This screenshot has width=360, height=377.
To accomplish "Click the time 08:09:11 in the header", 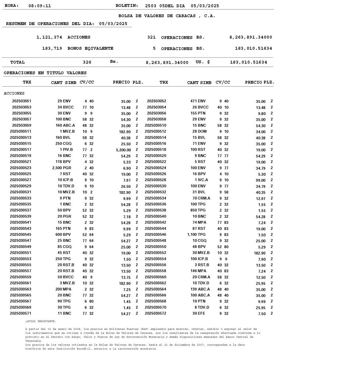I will [40, 6].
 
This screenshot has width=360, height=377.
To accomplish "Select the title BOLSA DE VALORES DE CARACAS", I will [167, 16].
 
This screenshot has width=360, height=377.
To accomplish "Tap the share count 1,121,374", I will [49, 37].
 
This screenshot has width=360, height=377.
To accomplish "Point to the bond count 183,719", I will [52, 48].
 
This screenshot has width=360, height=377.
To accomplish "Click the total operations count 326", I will [87, 62].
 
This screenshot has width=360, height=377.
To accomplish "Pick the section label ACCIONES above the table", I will [14, 94].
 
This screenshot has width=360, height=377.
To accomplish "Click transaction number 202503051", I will [22, 101].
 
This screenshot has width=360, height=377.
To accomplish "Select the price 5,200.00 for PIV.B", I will [123, 150].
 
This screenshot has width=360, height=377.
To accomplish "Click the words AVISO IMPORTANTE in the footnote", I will [41, 321].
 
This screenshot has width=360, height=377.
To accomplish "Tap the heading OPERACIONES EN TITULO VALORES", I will [45, 73].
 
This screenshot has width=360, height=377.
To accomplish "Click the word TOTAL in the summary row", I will [17, 62].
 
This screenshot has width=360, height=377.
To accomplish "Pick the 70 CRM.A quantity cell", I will [201, 198].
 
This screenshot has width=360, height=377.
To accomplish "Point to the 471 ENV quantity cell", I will [198, 101].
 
